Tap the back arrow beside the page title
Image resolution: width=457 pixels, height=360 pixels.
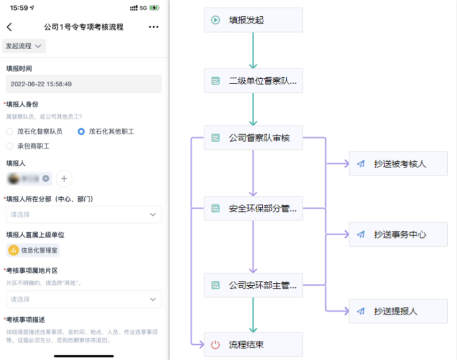pos(9,27)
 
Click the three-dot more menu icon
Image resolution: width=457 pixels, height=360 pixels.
pos(154,27)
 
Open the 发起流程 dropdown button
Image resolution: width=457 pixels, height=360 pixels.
pos(24,46)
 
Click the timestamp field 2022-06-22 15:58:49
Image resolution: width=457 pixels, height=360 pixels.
pos(84,84)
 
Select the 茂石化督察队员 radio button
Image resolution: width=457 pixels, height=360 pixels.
pos(10,132)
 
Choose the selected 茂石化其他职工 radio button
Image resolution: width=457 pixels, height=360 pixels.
pos(81,132)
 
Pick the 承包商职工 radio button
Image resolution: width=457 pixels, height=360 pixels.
pos(10,146)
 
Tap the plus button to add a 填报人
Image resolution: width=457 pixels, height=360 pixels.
pos(64,179)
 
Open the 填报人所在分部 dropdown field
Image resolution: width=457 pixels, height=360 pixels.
pos(84,215)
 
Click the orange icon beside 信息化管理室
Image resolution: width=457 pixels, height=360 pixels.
pos(13,251)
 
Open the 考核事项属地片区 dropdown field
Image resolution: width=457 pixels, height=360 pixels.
pos(84,300)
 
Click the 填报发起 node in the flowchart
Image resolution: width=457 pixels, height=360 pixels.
pos(253,20)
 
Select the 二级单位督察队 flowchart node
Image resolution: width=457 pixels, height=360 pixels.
pos(253,81)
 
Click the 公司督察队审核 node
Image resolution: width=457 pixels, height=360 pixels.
pos(253,138)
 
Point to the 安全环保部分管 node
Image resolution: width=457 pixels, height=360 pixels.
pos(253,209)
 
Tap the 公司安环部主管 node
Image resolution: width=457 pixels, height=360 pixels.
pos(253,285)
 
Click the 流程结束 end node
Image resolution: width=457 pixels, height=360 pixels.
pos(253,345)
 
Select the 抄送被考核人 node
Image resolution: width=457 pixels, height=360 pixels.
pos(398,164)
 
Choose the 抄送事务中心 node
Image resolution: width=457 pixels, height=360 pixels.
pos(398,234)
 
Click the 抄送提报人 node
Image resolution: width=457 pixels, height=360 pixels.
pos(398,311)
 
